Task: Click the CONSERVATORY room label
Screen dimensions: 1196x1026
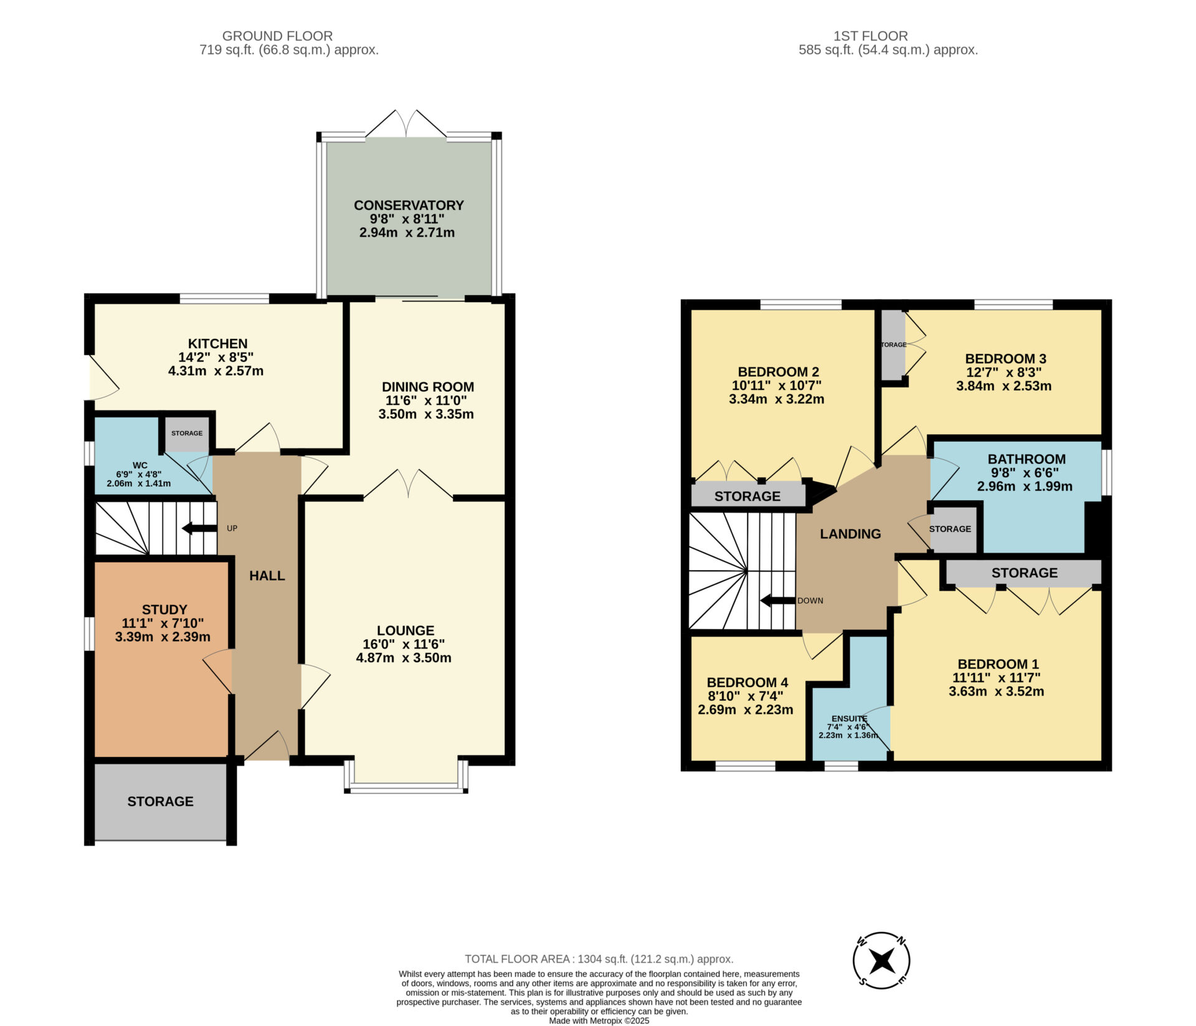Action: [x=409, y=205]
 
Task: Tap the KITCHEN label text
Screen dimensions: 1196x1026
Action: [x=218, y=343]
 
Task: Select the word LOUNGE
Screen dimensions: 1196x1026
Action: [x=406, y=630]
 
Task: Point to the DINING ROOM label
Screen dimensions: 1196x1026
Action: [x=428, y=387]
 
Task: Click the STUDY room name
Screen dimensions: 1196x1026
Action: [x=164, y=609]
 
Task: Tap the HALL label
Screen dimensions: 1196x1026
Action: [x=267, y=576]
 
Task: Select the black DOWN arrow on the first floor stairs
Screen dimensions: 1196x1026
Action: [x=778, y=601]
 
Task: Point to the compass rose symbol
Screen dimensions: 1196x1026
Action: [x=881, y=960]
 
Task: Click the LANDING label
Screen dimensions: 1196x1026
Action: [x=850, y=534]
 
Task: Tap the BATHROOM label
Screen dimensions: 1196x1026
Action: [x=1027, y=459]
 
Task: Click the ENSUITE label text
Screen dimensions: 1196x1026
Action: [x=850, y=718]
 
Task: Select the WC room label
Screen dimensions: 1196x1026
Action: [x=140, y=465]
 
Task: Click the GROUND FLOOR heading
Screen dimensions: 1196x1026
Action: [x=277, y=36]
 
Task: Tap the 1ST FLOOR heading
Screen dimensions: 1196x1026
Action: [x=871, y=36]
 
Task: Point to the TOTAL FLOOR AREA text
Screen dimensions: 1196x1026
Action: [x=599, y=959]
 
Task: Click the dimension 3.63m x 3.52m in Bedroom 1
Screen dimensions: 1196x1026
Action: [x=997, y=691]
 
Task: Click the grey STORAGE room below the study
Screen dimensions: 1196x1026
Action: [x=161, y=802]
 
